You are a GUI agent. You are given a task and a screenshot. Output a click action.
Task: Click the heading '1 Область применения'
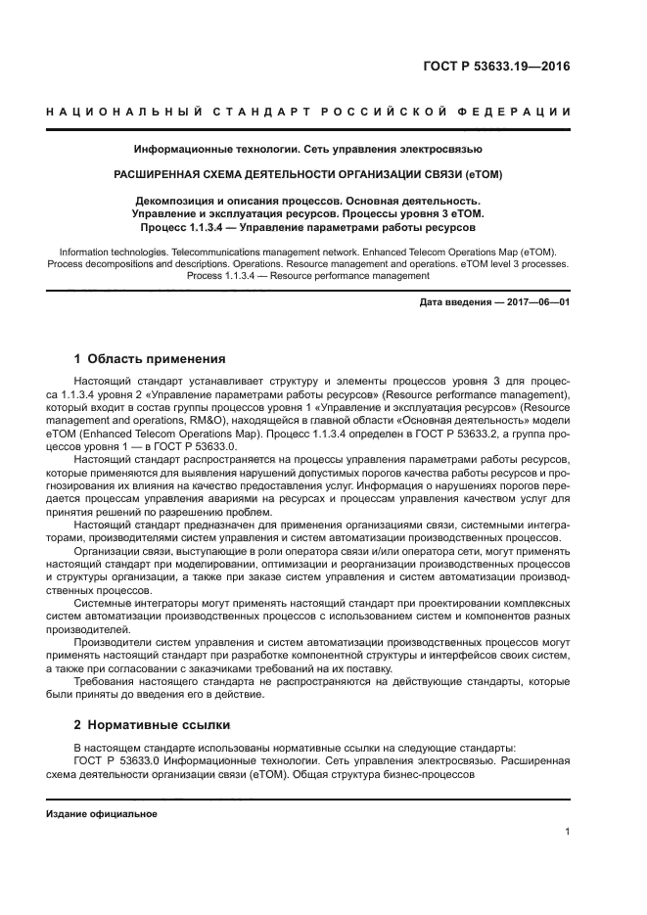click(x=150, y=358)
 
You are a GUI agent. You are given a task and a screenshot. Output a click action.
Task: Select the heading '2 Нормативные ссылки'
click(x=152, y=725)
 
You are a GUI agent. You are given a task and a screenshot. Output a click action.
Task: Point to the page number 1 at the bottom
click(x=567, y=832)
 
